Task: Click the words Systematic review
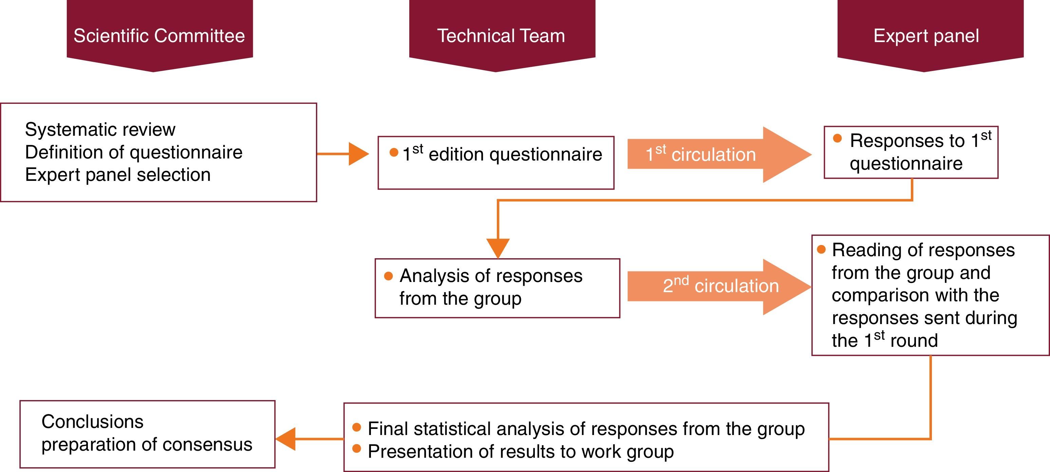pos(100,130)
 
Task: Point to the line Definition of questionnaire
pos(134,152)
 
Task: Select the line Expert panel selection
pos(118,175)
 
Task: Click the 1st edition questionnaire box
pos(496,162)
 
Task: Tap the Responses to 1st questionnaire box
pos(911,152)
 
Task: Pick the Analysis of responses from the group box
pos(497,288)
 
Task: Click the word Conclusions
pos(93,421)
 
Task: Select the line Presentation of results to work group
pos(521,452)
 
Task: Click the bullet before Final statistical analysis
pos(357,427)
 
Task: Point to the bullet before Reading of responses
pos(821,249)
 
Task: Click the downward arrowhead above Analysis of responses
pos(498,248)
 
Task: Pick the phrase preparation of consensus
pos(147,444)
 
